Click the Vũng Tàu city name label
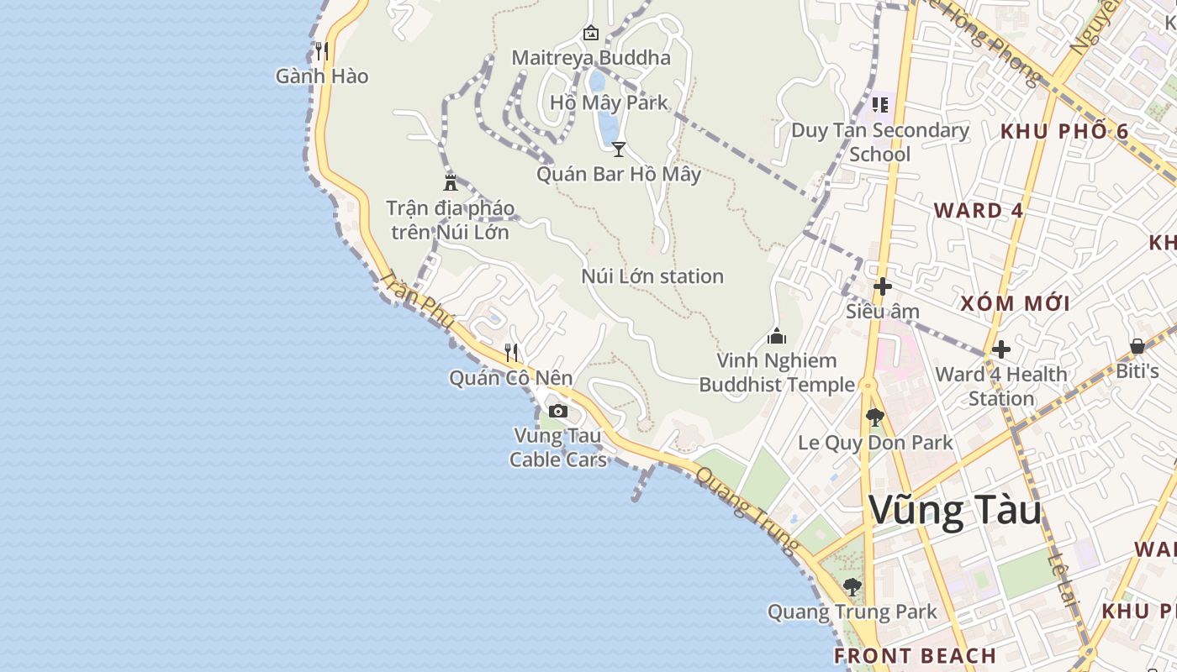tap(955, 511)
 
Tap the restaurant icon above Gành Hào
tap(322, 51)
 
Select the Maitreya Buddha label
tap(591, 57)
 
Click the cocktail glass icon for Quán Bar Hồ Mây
tap(619, 150)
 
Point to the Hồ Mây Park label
tap(609, 102)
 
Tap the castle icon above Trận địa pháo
tap(451, 182)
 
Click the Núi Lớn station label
tap(652, 276)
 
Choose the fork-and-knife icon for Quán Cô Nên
tap(511, 352)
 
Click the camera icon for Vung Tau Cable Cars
tap(557, 411)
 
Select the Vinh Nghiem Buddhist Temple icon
tap(777, 336)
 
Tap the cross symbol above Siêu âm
tap(882, 286)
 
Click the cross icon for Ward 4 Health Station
tap(1000, 349)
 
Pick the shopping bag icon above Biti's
tap(1137, 346)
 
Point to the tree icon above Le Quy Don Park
tap(875, 417)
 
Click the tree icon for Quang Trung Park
tap(852, 586)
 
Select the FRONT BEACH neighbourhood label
tap(915, 655)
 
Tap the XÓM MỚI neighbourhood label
tap(1015, 303)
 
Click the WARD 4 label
tap(979, 210)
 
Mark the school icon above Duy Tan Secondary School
tap(880, 105)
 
